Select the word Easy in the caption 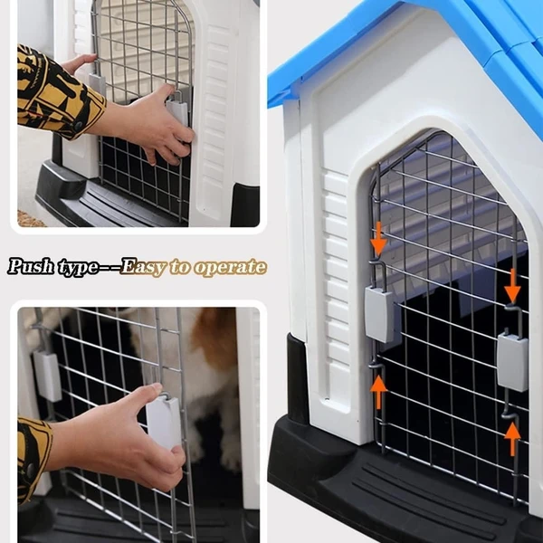pyautogui.click(x=143, y=267)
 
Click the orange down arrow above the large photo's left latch pyautogui.click(x=377, y=241)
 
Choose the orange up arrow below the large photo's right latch pyautogui.click(x=512, y=438)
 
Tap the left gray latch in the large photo pyautogui.click(x=381, y=314)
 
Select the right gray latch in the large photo pyautogui.click(x=512, y=362)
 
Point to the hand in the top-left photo pyautogui.click(x=149, y=122)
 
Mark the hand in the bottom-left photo pyautogui.click(x=136, y=439)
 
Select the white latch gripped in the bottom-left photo pyautogui.click(x=163, y=421)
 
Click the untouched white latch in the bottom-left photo pyautogui.click(x=47, y=374)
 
